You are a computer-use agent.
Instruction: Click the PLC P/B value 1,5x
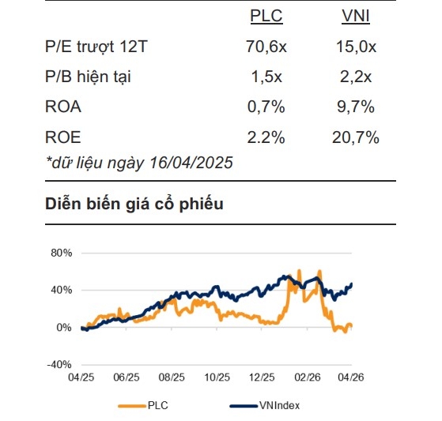tap(266, 77)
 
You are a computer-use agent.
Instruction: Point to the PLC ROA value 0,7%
tap(266, 107)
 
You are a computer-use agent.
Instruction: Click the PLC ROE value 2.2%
tap(266, 137)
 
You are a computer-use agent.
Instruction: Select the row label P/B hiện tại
tap(89, 77)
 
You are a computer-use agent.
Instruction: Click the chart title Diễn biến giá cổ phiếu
tap(134, 205)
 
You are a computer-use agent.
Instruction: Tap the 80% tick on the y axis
tap(60, 253)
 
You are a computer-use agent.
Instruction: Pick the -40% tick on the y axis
tap(59, 364)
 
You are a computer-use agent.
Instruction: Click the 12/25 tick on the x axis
tap(262, 378)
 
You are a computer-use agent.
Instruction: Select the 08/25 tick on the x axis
tap(172, 378)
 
